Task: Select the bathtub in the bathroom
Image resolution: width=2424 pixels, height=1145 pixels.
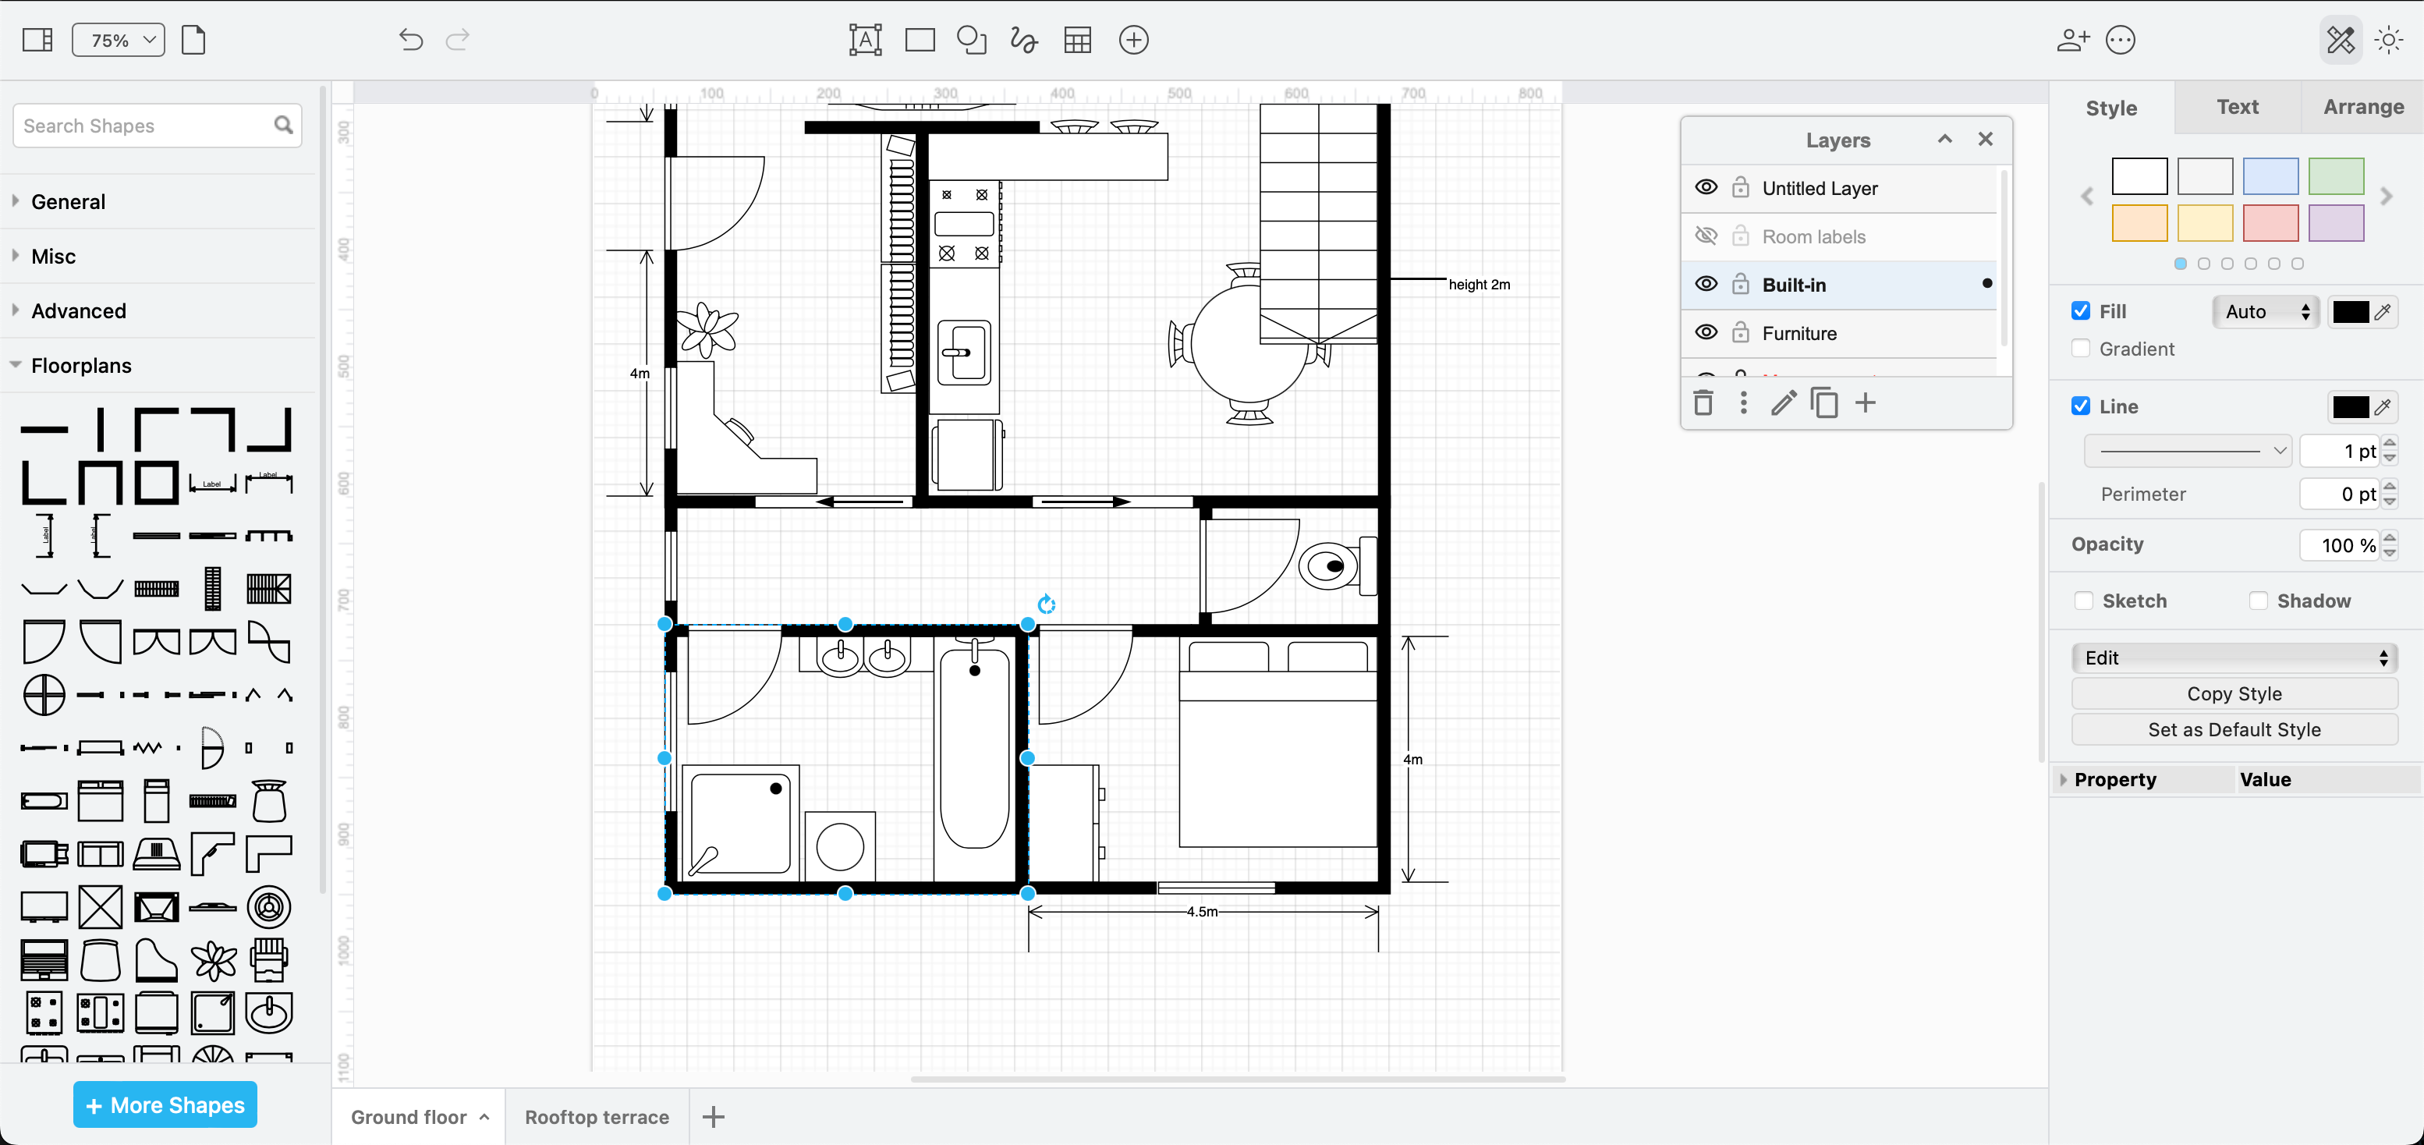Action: (975, 753)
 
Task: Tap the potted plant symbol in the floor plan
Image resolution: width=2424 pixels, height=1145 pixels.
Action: (707, 329)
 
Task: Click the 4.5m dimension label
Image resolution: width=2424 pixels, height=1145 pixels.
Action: (1202, 911)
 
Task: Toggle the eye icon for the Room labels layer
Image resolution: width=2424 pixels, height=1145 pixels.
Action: (1705, 236)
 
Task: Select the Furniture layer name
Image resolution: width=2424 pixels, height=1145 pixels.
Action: (1799, 333)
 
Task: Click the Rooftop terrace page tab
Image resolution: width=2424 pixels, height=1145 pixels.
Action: (597, 1117)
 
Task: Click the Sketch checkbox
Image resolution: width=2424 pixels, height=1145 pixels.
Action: (2083, 601)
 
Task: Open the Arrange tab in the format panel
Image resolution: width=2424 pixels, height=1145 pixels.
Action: (2362, 108)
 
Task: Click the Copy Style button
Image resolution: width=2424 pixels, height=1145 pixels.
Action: (2233, 693)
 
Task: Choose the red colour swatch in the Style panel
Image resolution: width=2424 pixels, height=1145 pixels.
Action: (2269, 223)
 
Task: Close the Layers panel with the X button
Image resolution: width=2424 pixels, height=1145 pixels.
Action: (1985, 140)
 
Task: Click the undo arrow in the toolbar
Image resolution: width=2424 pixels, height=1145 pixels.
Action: (410, 40)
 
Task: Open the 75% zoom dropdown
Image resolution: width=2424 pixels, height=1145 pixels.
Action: (119, 40)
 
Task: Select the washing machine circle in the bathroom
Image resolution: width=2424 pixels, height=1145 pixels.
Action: (839, 845)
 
